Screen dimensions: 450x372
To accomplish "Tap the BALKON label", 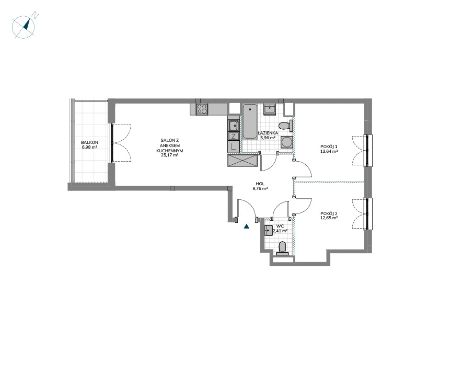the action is tap(89, 142).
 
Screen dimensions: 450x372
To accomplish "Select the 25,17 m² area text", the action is tap(170, 155).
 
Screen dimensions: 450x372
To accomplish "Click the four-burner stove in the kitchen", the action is tap(202, 109).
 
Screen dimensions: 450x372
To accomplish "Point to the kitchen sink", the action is tap(234, 126).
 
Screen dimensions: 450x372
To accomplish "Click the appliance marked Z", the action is tap(234, 136).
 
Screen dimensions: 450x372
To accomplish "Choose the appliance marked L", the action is tap(234, 147).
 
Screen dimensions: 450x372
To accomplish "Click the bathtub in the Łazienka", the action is tap(250, 122).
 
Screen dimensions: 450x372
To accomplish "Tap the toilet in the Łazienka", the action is tap(285, 126).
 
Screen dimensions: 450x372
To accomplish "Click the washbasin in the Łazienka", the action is tap(270, 109).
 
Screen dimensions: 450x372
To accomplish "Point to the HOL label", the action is tap(260, 184).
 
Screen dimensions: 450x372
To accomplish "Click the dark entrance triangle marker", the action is tap(247, 227).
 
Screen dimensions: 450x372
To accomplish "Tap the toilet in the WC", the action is tap(282, 249).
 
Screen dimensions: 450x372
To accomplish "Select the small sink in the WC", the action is tap(269, 230).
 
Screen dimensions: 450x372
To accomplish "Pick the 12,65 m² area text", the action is tap(329, 218).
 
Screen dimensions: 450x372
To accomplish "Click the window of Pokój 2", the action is tap(368, 213).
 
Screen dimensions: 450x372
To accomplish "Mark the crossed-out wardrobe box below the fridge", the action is tap(242, 160).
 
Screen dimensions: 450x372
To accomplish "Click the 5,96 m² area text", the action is tap(268, 137).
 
